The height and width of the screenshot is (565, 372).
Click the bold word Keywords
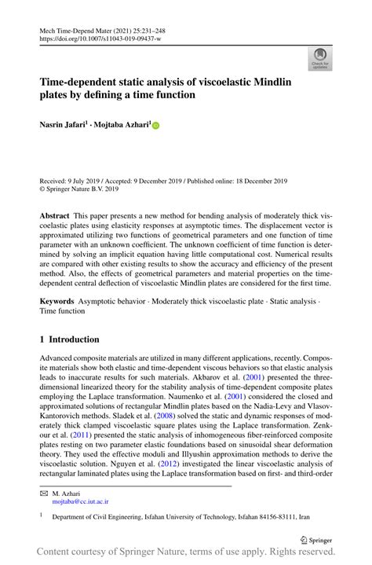click(x=57, y=303)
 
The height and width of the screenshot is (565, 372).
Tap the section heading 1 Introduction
click(x=70, y=339)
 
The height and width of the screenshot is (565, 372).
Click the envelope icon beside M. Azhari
click(x=44, y=491)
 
